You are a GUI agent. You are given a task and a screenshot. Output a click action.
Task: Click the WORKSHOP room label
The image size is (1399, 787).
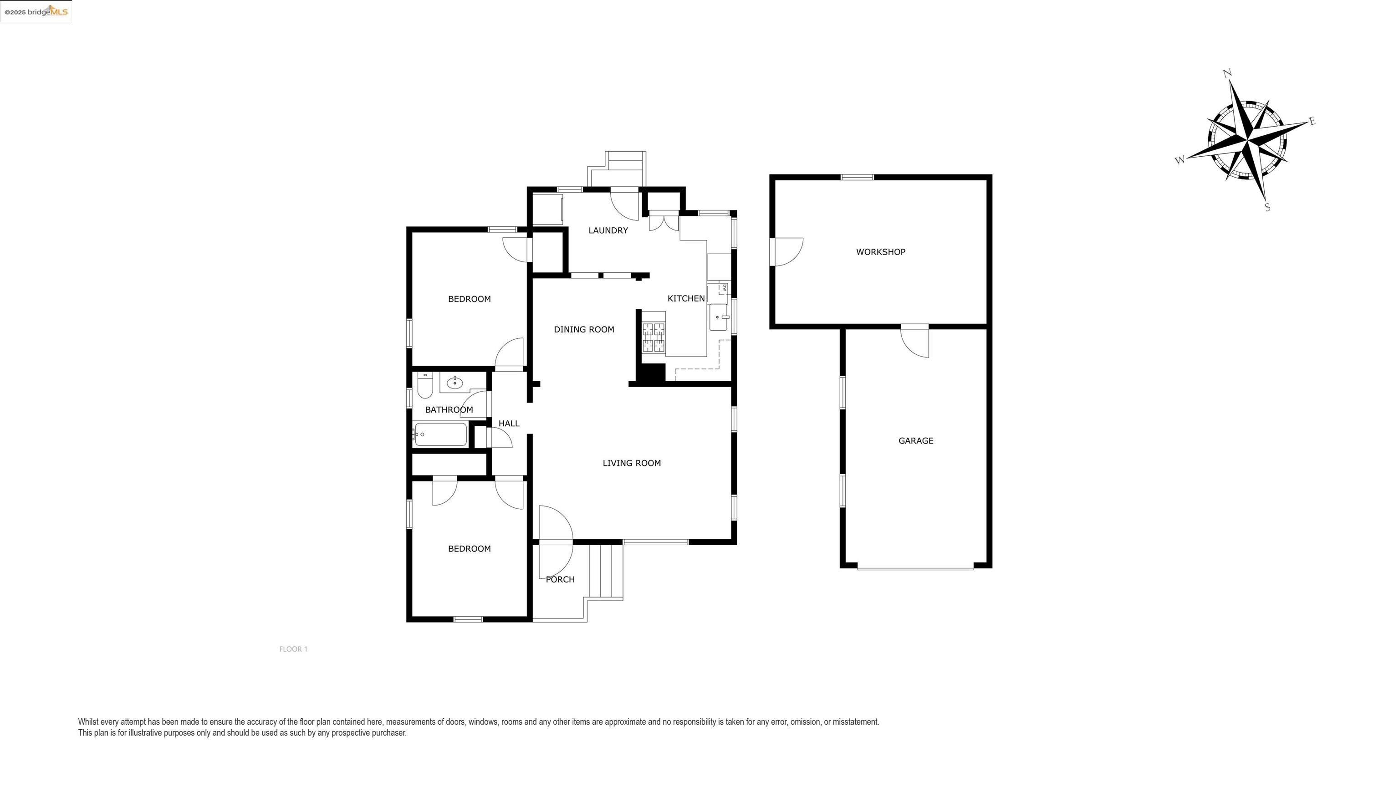(x=880, y=252)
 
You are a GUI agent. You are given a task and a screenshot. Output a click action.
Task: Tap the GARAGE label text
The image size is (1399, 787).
(x=916, y=441)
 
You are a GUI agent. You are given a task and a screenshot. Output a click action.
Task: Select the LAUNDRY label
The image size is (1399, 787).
(x=608, y=230)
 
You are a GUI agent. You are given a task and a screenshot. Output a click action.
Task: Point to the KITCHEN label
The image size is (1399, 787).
(x=686, y=298)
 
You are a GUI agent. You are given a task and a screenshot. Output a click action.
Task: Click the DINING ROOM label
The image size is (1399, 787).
(x=584, y=329)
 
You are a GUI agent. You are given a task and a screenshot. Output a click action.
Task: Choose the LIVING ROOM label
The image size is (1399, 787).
(x=632, y=463)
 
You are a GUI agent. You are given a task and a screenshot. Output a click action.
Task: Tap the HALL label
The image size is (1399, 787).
(x=509, y=424)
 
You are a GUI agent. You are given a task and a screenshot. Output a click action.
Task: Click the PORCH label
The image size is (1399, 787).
(x=560, y=579)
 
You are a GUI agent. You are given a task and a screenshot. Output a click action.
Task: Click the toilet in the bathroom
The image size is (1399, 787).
(x=425, y=386)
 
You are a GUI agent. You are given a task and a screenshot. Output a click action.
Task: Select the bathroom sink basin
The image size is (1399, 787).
(x=454, y=383)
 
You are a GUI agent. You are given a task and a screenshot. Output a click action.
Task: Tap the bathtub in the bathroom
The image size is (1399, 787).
(x=440, y=434)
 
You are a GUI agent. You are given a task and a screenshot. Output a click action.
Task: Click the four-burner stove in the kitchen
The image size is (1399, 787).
(x=654, y=338)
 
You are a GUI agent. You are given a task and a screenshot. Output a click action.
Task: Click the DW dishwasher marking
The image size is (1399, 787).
(x=725, y=287)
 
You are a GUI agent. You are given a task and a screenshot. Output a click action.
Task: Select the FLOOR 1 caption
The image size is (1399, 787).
(x=293, y=649)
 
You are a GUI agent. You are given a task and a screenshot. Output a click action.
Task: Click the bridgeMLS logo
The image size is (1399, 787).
(x=36, y=11)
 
